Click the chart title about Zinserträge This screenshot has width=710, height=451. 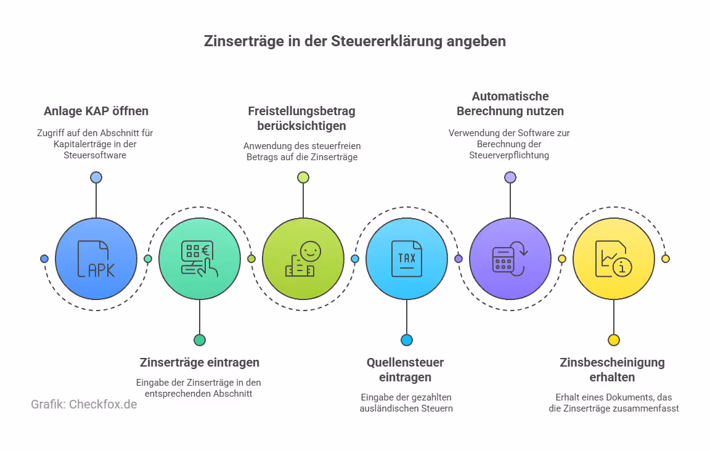tap(355, 41)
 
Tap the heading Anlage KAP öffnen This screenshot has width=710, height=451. tap(96, 112)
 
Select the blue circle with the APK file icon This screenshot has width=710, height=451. tap(96, 259)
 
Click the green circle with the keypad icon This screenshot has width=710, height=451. tap(200, 259)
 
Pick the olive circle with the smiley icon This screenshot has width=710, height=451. tap(303, 259)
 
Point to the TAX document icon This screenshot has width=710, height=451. tap(407, 259)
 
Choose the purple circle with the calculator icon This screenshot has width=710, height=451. tap(510, 259)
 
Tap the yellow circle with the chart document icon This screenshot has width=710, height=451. tap(614, 259)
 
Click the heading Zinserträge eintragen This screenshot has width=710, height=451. tap(200, 362)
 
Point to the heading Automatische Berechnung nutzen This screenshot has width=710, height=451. tap(510, 104)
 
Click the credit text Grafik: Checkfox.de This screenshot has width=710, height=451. tap(84, 405)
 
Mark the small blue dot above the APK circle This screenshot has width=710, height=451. tap(96, 177)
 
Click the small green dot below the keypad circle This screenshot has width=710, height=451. tap(200, 340)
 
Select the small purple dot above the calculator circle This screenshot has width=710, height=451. tap(510, 177)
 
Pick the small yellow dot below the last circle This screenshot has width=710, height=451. tap(614, 340)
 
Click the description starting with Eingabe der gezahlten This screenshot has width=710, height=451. tap(406, 402)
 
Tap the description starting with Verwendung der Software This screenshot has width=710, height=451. tap(510, 144)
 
